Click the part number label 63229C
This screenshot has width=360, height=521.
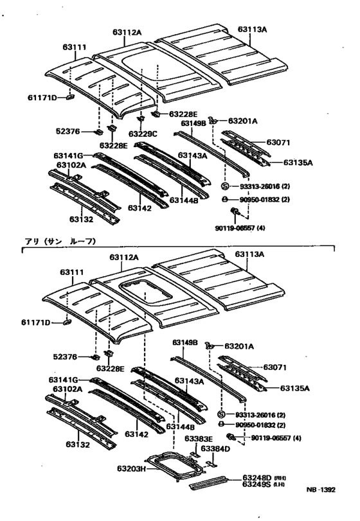[x=142, y=134]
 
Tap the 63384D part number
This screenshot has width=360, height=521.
[x=215, y=448]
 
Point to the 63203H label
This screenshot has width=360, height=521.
[x=135, y=468]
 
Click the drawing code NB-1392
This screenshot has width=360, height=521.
[x=320, y=508]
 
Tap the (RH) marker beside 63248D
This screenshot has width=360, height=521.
[x=281, y=478]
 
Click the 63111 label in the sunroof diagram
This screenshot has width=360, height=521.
[x=73, y=272]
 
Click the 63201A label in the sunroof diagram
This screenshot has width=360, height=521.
[x=242, y=346]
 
